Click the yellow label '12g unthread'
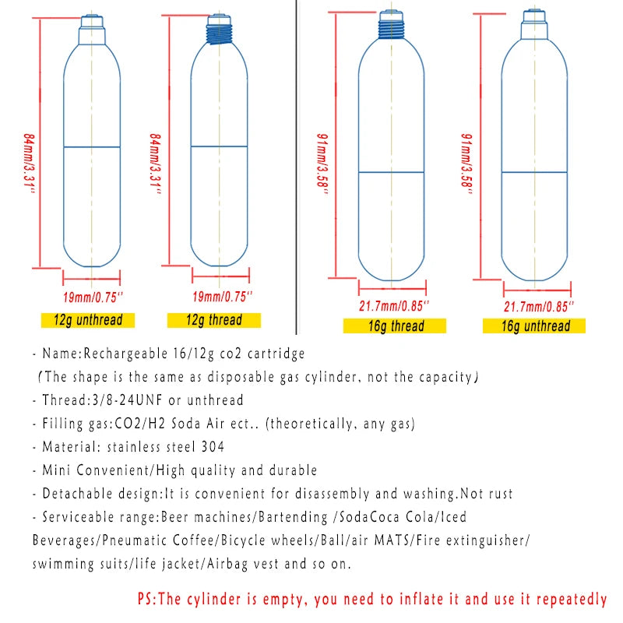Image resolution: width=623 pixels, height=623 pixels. coord(87,319)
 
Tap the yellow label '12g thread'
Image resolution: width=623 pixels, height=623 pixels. coord(213,319)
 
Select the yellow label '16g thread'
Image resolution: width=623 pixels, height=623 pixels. coord(396,325)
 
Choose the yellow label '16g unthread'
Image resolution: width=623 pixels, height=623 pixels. coord(536,326)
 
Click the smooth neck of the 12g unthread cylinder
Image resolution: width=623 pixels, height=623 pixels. coord(92,34)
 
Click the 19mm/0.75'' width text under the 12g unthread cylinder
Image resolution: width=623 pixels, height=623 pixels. coord(93,296)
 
